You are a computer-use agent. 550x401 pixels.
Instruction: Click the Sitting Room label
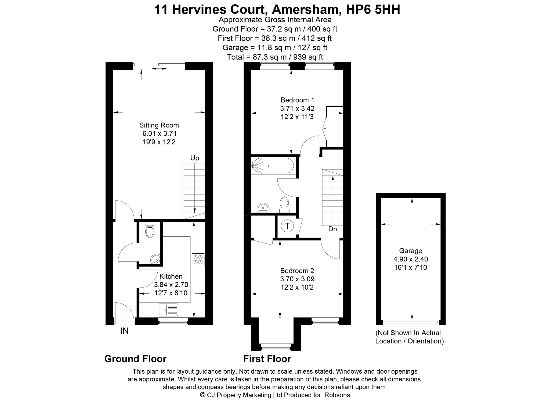(x=159, y=125)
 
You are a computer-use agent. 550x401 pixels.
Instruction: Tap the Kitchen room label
(x=171, y=276)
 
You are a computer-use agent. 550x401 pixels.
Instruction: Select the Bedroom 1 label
(x=297, y=100)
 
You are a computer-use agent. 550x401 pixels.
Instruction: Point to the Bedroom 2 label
(x=297, y=271)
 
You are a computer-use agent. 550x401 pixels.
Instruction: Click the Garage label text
(x=411, y=251)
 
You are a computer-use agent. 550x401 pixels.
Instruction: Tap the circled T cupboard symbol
(x=287, y=226)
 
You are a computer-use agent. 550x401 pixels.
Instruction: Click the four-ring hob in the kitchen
(x=198, y=259)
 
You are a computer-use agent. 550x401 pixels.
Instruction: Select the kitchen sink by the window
(x=168, y=310)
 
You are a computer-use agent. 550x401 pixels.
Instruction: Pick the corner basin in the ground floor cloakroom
(x=155, y=259)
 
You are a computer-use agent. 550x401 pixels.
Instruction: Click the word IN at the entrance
(x=124, y=331)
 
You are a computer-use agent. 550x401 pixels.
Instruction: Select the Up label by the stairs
(x=195, y=158)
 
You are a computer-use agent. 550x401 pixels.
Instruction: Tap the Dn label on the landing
(x=332, y=229)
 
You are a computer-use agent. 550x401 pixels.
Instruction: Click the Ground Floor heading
(x=135, y=359)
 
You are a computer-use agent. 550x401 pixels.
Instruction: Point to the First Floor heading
(x=267, y=359)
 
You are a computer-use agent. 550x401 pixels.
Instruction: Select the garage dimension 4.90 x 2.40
(x=411, y=259)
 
